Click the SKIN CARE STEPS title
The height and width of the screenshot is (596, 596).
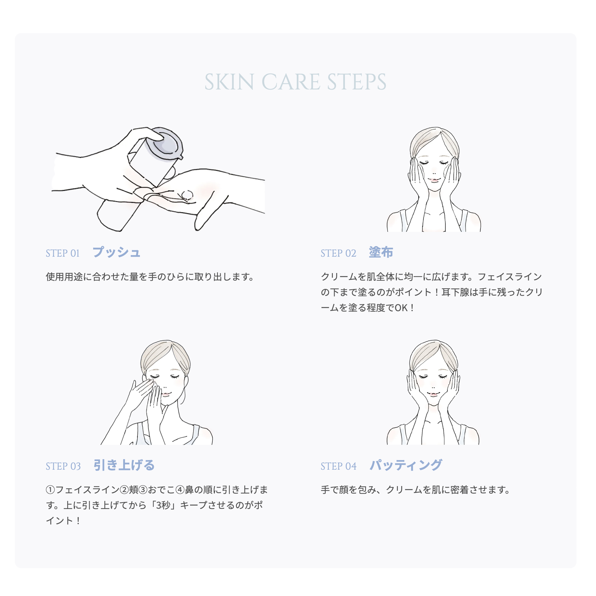[295, 82]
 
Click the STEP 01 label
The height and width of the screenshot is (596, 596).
[63, 253]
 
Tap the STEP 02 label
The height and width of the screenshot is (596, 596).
[338, 253]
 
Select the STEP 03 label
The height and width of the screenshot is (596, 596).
[63, 466]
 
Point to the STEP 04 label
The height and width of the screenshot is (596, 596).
[338, 466]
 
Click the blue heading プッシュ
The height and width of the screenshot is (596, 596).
[116, 252]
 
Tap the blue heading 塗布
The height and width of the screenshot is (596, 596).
[381, 252]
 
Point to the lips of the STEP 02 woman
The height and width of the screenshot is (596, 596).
[434, 180]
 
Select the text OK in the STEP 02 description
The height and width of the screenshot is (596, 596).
[401, 308]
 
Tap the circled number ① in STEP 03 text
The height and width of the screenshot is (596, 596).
[50, 490]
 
